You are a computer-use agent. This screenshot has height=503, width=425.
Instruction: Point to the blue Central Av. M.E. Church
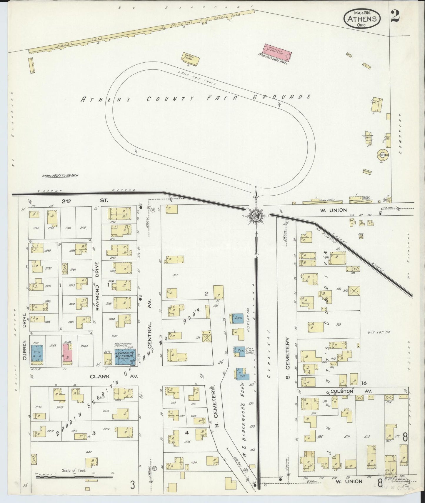[125, 357]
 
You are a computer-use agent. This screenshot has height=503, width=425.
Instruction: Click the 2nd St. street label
[84, 201]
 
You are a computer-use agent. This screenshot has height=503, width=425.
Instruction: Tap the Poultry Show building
[377, 104]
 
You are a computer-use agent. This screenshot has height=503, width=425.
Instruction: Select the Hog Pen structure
[367, 171]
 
